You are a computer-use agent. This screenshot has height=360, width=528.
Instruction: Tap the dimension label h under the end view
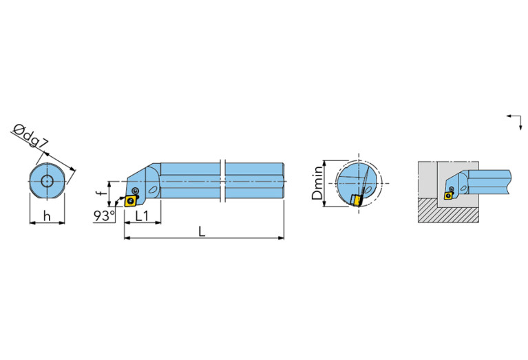tap(46, 215)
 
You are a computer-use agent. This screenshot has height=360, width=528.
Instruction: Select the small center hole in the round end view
tap(47, 182)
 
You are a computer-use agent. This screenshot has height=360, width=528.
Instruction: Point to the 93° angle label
tap(104, 216)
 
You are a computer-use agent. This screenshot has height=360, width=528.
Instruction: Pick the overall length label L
tap(202, 231)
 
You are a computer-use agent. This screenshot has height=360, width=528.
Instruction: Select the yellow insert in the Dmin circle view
tap(357, 200)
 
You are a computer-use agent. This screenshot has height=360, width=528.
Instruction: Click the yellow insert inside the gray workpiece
tap(449, 195)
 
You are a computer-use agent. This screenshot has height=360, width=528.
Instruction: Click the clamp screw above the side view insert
tap(135, 190)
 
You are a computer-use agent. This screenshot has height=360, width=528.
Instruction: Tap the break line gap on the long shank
tap(222, 182)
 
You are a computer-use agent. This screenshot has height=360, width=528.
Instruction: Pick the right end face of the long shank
tap(283, 182)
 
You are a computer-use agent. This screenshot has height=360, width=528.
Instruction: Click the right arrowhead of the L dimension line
tap(281, 239)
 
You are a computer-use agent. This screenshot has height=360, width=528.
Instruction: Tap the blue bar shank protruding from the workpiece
tap(490, 180)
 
